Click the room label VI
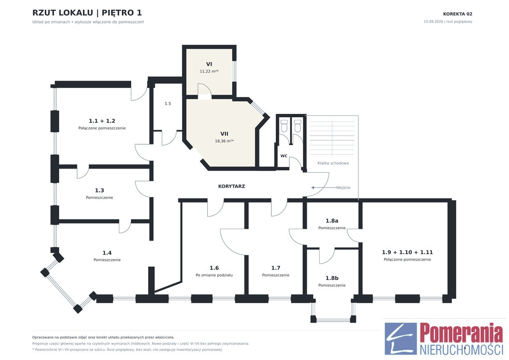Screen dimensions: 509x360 (209, 64)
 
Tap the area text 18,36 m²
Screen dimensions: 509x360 (224, 141)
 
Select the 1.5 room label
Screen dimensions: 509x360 (168, 103)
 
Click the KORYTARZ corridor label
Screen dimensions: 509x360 (232, 186)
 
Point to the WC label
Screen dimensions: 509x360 (284, 156)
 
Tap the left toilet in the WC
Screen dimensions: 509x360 (284, 126)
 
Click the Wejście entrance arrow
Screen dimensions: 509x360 (324, 187)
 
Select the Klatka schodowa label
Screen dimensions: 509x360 (333, 163)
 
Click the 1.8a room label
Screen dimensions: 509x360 (332, 221)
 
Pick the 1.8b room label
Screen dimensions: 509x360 (332, 278)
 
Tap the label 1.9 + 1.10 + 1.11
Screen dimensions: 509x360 (408, 252)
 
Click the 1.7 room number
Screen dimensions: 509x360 (275, 268)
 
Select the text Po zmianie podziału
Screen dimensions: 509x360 (214, 275)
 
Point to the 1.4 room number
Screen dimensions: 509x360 (107, 253)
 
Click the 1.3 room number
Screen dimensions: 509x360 (99, 190)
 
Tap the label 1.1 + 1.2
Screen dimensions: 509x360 (102, 121)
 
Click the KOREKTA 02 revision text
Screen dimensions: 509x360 (458, 14)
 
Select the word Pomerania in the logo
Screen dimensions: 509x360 (461, 333)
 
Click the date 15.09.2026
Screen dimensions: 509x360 (433, 22)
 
